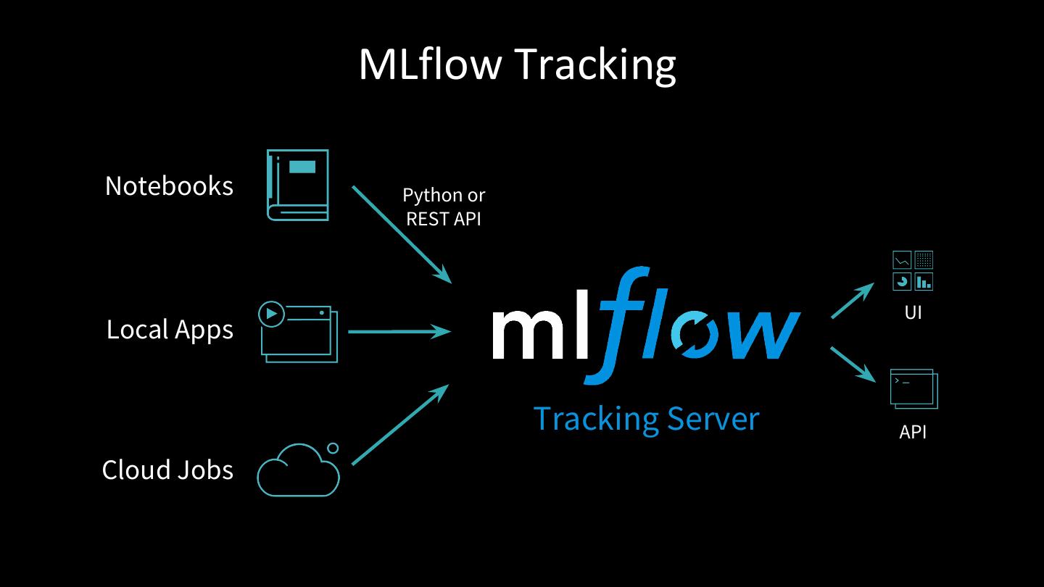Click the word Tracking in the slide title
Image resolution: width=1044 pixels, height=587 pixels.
(x=595, y=64)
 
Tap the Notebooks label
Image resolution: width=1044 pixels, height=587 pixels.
(x=169, y=186)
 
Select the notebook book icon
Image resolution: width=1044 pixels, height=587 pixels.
(x=298, y=185)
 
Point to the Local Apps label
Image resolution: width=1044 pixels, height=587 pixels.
(x=170, y=330)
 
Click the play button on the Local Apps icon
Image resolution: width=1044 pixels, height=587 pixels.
(x=271, y=314)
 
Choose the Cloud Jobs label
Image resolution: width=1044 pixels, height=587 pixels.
(x=167, y=470)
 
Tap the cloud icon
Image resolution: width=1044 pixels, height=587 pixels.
(x=298, y=473)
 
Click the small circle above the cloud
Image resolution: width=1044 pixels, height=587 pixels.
(x=333, y=448)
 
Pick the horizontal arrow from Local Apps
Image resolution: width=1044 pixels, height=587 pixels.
(x=399, y=332)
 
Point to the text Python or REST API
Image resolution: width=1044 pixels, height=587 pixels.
(x=444, y=207)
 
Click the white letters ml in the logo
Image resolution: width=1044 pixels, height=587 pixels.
(x=539, y=333)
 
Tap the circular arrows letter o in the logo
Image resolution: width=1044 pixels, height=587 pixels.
(x=697, y=334)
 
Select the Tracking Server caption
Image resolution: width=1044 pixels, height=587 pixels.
(x=645, y=419)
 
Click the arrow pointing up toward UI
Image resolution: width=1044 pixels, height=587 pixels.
(x=853, y=301)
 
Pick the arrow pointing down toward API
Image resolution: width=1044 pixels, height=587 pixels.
(x=853, y=363)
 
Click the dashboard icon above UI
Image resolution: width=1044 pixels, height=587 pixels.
(x=913, y=270)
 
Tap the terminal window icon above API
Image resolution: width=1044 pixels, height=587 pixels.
(x=913, y=389)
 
